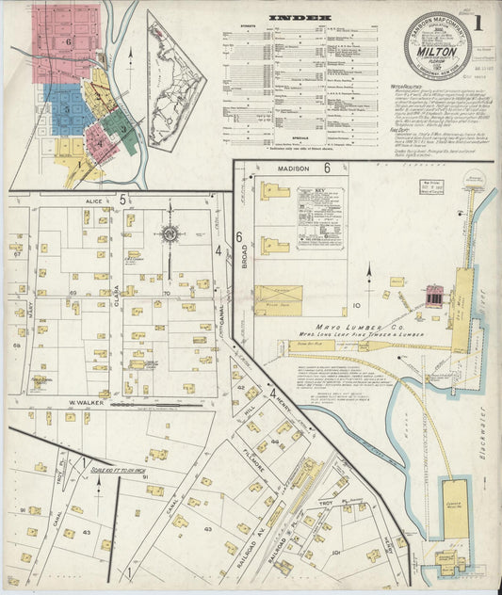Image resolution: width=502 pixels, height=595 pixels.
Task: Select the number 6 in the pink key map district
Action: tap(69, 43)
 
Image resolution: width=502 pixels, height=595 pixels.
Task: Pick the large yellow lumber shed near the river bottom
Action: tap(456, 508)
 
